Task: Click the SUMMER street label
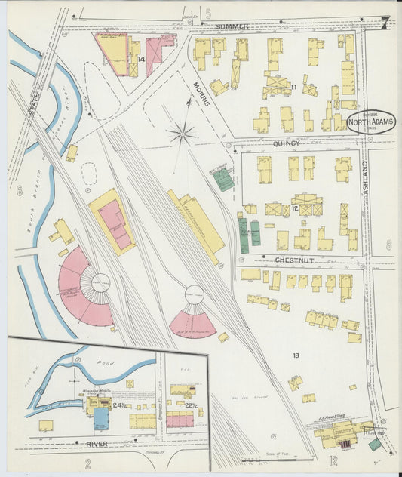232,27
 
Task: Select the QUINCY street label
286,143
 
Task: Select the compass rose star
182,136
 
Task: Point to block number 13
296,355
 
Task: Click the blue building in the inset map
101,417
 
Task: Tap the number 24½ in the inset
118,406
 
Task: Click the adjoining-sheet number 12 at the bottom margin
333,461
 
